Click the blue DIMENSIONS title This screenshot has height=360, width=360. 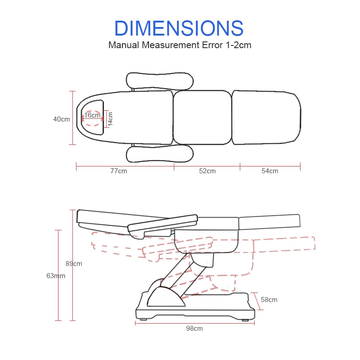(179, 28)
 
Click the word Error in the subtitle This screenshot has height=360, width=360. (212, 45)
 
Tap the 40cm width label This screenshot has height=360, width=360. (62, 119)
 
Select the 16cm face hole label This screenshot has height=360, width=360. (92, 115)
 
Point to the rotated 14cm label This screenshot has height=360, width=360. (110, 119)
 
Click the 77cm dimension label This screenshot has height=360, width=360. (119, 171)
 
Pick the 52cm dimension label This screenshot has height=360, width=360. (207, 171)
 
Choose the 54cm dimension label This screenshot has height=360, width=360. (270, 171)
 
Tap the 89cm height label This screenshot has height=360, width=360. (74, 264)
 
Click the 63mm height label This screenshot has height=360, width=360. (56, 276)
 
